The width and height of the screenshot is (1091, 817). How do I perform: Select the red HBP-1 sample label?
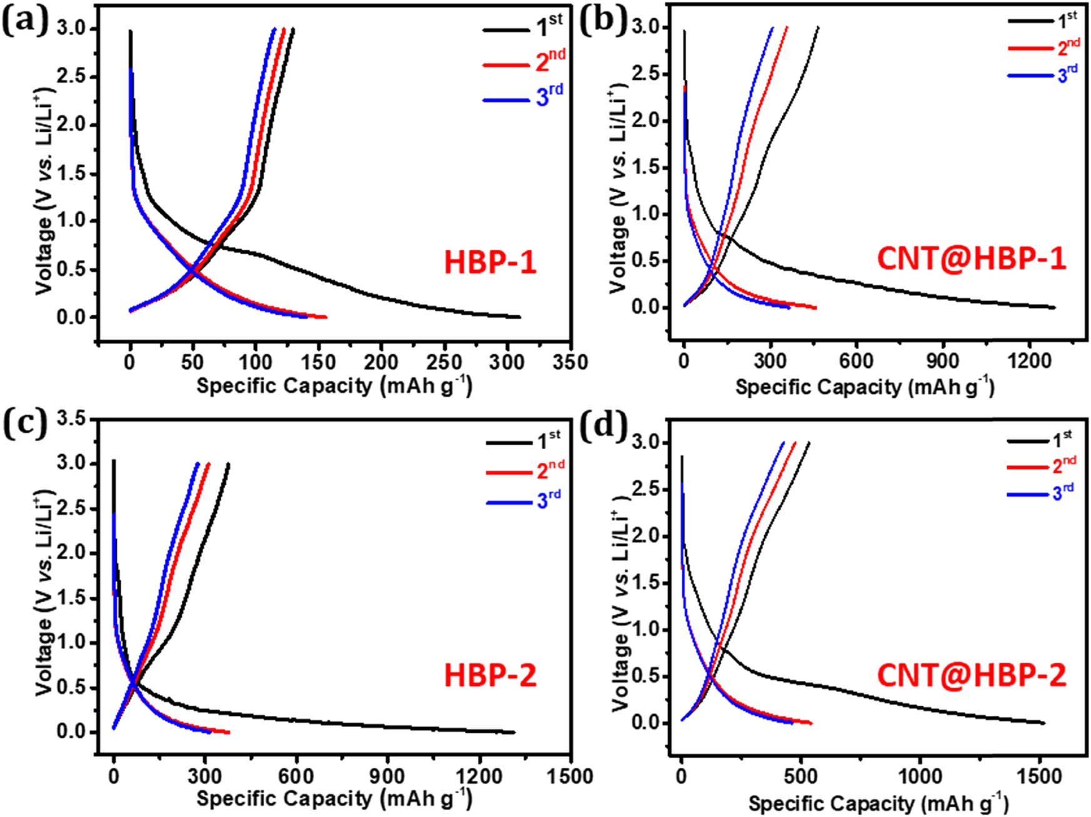[x=490, y=262]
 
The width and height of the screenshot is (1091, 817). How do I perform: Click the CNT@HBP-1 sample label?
[x=971, y=259]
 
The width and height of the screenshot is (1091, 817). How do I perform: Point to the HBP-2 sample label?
[x=490, y=675]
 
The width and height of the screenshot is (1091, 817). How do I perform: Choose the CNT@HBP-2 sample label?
[x=971, y=675]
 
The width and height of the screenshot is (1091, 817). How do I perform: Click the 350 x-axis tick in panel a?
[x=570, y=362]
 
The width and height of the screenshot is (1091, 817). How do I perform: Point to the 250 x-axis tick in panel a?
[x=444, y=362]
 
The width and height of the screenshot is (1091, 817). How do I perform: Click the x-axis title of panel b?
[x=864, y=387]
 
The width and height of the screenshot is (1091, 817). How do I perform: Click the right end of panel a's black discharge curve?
[x=519, y=317]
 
